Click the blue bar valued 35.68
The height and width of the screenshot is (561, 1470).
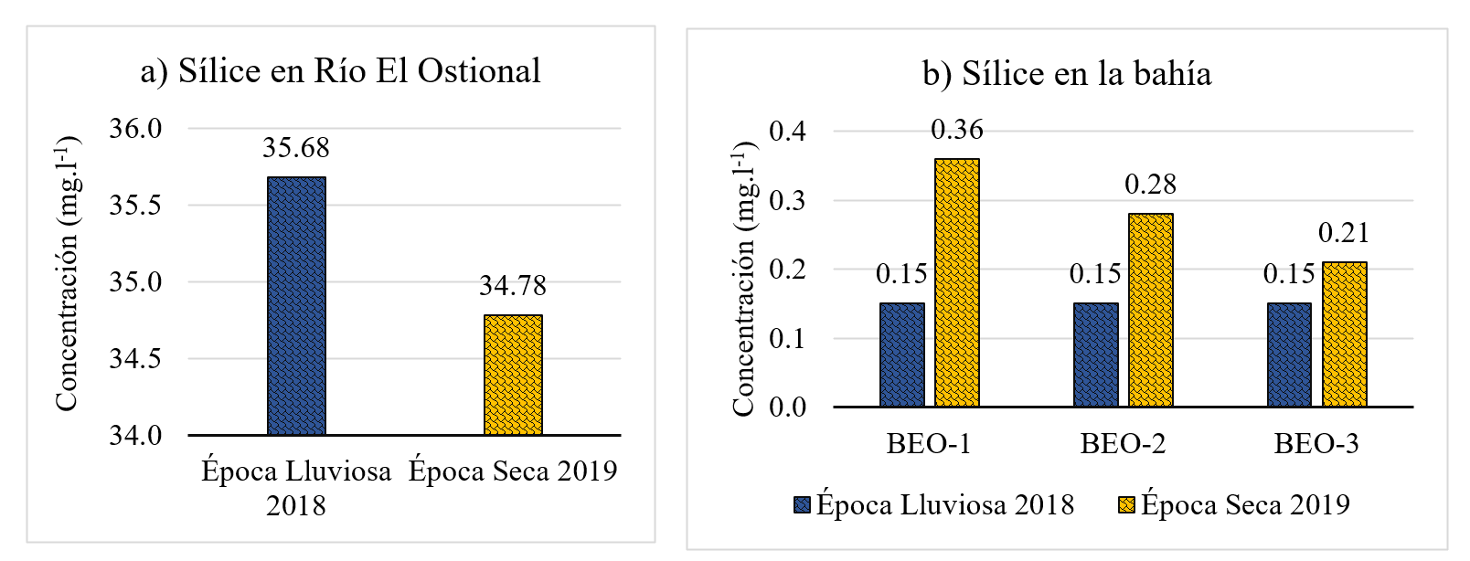(296, 305)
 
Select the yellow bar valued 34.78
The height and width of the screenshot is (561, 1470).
(513, 375)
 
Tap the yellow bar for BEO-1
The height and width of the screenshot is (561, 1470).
(956, 282)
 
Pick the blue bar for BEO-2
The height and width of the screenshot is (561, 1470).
(1095, 355)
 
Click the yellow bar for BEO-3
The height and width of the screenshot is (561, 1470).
(1344, 334)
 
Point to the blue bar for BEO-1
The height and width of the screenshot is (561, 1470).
(901, 355)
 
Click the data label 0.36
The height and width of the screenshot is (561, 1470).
(956, 130)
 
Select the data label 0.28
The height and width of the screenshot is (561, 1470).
(1150, 185)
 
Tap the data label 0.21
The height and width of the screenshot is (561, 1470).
(1344, 233)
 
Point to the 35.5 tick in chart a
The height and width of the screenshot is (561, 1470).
(135, 205)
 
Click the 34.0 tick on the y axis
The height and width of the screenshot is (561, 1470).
(135, 435)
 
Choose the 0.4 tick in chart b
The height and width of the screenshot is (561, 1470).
(788, 131)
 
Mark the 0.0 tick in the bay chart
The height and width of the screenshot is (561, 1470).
(788, 407)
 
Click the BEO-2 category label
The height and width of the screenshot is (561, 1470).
(1123, 444)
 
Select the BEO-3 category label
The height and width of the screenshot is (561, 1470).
(1316, 444)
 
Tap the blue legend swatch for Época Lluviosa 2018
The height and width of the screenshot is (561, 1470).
(803, 505)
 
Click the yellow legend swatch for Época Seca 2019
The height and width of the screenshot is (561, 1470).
(1126, 505)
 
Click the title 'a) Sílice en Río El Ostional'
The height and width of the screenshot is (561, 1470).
(340, 71)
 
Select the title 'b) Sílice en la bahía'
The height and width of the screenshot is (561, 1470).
(1067, 74)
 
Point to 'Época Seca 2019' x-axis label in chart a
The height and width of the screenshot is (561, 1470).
(513, 471)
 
